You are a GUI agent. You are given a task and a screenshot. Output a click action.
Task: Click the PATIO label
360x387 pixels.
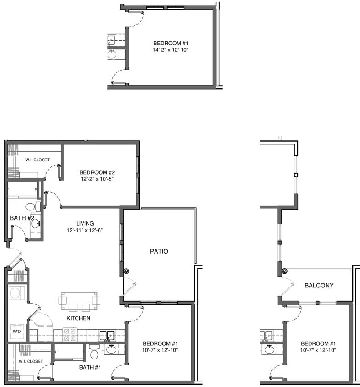159,251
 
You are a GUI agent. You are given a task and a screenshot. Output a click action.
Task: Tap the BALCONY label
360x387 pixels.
319,285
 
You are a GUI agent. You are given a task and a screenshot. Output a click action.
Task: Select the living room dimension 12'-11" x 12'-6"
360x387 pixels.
83,230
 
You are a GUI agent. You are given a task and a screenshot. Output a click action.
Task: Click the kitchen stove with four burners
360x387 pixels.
70,334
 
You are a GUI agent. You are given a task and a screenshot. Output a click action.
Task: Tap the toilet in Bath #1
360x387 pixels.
94,354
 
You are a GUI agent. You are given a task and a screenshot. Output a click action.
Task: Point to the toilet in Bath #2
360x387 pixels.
30,207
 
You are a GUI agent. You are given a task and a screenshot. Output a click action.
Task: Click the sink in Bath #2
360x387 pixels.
36,224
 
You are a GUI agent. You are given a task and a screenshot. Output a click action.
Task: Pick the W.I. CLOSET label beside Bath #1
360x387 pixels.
31,361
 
